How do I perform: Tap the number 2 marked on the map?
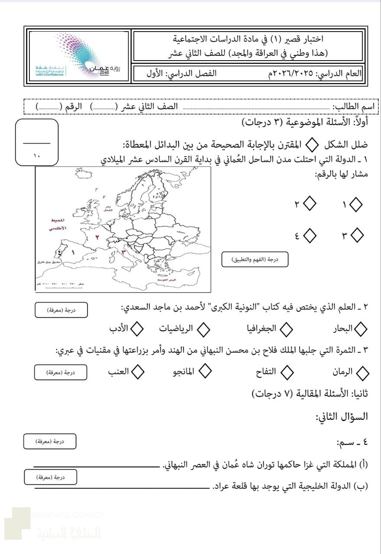pos(97,237)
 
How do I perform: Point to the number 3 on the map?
pos(123,251)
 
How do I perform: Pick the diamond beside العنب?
pos(138,371)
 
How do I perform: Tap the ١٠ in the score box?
pos(36,156)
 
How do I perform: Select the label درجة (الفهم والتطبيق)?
pos(255,259)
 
